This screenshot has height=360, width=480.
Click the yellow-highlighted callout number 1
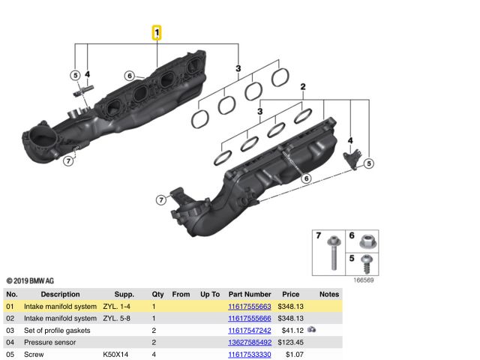coord(157,32)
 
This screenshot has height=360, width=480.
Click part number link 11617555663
coord(250,307)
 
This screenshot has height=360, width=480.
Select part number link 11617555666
coord(250,319)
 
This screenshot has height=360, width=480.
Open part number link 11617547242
coord(250,331)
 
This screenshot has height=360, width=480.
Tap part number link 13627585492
coord(250,343)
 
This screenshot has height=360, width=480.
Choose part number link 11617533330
coord(250,354)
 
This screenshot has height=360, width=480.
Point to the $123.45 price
coord(289,343)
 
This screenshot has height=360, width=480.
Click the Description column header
coord(60,295)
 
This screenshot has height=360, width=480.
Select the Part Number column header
coord(250,295)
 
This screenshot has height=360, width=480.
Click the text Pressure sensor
coord(51,343)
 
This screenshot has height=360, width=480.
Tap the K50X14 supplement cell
coord(116,354)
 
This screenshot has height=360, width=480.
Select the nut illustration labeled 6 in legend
coord(366,241)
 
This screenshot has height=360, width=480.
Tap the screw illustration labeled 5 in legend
coord(367,264)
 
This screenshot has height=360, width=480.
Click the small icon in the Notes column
coord(311,330)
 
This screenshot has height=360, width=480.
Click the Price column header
coord(290,295)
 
